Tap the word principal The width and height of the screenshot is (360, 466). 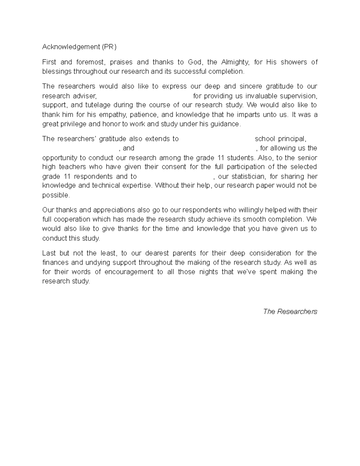(292, 139)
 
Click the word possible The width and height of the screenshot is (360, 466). (56, 195)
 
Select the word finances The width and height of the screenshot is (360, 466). (55, 263)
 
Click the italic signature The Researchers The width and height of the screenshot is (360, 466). (290, 311)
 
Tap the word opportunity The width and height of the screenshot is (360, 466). (59, 158)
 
